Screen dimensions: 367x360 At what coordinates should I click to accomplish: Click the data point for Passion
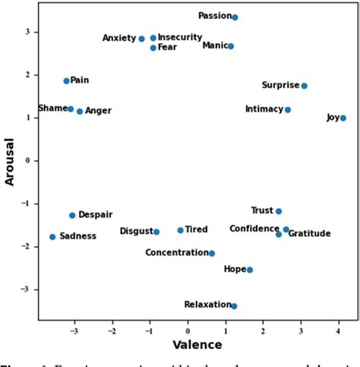(x=235, y=17)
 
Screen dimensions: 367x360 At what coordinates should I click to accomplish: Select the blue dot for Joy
(x=343, y=118)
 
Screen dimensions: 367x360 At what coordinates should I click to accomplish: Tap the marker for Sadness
(x=52, y=237)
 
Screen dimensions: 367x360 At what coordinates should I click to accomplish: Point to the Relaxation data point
(x=234, y=306)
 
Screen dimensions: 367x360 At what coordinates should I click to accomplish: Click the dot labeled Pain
(x=66, y=81)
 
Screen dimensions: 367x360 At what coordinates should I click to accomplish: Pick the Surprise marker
(x=304, y=86)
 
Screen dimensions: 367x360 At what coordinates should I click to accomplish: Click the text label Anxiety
(x=118, y=38)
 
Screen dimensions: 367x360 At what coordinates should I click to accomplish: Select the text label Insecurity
(x=180, y=37)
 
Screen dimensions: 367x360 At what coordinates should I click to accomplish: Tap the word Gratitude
(x=309, y=234)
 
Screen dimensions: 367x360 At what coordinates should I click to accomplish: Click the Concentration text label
(x=176, y=253)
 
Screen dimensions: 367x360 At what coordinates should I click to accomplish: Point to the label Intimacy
(x=264, y=109)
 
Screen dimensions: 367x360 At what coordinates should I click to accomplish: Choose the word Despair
(x=96, y=216)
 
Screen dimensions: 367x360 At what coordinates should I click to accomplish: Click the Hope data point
(x=250, y=270)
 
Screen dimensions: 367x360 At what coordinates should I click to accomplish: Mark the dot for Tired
(x=180, y=230)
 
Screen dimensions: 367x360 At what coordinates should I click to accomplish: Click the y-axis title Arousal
(x=10, y=160)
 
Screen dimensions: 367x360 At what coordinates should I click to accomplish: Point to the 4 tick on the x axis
(x=338, y=330)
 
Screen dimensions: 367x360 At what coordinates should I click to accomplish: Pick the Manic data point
(x=231, y=46)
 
